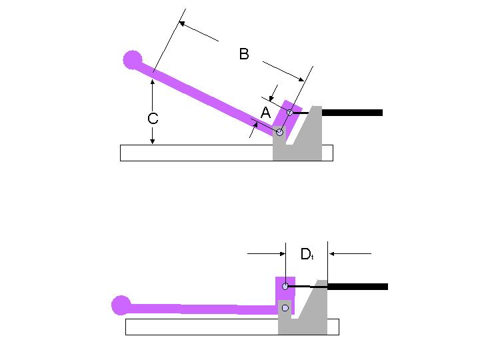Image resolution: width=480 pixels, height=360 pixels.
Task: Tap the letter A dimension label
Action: [x=265, y=113]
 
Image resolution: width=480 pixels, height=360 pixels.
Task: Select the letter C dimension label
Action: [x=153, y=119]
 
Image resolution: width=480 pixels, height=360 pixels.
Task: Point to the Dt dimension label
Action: [x=307, y=254]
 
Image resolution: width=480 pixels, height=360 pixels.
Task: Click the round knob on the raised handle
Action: [x=133, y=60]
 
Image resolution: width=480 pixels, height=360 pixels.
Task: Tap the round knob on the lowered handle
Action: [x=121, y=305]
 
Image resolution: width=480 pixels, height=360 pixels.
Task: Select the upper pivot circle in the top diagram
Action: [x=290, y=113]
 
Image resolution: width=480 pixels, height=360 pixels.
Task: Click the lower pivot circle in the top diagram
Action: [x=280, y=133]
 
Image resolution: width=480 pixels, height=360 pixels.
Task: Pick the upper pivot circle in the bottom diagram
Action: [x=285, y=287]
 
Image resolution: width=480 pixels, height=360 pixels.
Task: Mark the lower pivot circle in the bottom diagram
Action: [x=285, y=308]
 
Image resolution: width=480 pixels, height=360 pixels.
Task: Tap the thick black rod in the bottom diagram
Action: [x=357, y=287]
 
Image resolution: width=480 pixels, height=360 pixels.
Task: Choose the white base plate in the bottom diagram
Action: [x=200, y=327]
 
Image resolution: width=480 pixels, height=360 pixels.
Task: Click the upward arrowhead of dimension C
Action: [x=153, y=81]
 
